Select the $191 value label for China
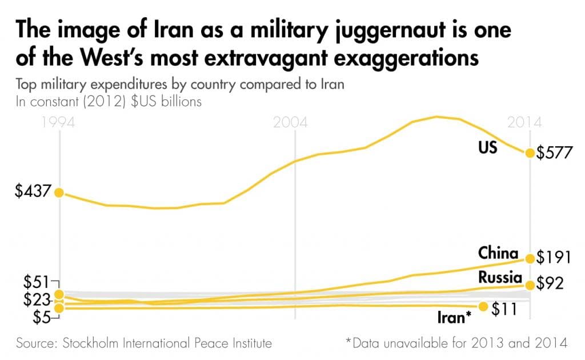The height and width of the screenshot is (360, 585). (554, 258)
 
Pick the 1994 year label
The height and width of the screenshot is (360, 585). (59, 123)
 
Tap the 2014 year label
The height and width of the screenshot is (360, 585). (524, 123)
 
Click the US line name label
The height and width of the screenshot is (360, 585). (487, 147)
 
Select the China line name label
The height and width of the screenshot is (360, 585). (498, 253)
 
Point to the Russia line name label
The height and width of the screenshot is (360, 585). (500, 278)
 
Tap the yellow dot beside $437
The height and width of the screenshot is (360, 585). (58, 192)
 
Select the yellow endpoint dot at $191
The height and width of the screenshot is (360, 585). (530, 258)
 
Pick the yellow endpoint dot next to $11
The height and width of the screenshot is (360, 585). (483, 307)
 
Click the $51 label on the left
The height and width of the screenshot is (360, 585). (35, 282)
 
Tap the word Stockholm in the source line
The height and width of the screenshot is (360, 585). (92, 343)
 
